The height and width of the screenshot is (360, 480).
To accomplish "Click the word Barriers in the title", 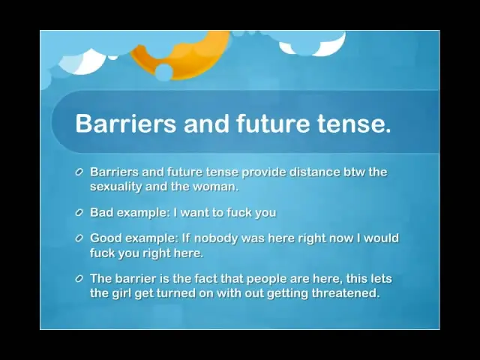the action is pos(126,123).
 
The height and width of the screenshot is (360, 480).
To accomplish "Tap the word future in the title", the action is pos(273,123).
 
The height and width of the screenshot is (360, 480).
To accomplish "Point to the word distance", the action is pos(315,172).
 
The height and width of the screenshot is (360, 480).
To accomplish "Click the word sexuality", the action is pos(115,187).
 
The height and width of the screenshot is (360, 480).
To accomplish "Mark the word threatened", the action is pos(346,293).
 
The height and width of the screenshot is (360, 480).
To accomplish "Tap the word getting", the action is pos(287,293).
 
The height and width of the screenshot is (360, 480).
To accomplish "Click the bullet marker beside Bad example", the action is pos(79,213).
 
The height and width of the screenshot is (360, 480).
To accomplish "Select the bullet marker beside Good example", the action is pos(79,238).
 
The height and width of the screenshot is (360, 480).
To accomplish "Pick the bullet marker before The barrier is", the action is pos(79,279).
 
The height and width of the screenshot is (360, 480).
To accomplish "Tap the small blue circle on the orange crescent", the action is pos(164,72).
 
